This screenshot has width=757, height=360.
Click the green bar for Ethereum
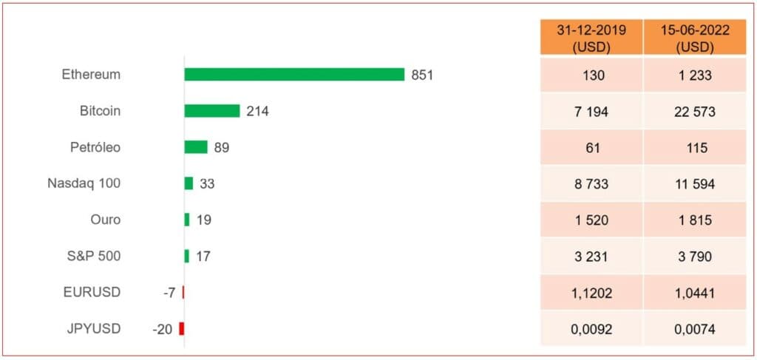294,75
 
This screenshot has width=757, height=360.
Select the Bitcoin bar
212,111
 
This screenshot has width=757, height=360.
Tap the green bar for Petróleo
196,147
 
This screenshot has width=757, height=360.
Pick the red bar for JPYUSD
182,329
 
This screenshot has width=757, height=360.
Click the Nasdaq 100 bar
189,183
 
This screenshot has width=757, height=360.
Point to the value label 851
422,75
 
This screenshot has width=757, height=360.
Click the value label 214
257,111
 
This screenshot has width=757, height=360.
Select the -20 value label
163,329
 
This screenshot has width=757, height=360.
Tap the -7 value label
169,293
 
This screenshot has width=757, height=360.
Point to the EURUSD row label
92,292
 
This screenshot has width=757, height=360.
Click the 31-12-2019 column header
590,38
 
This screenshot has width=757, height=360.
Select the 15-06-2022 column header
695,38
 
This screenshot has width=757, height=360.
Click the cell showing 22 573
695,112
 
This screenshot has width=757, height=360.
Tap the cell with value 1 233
695,75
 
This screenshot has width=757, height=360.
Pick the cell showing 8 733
590,184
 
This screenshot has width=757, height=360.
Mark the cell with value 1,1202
590,293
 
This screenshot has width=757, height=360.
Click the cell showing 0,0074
695,329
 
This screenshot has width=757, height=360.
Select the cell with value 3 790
695,257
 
